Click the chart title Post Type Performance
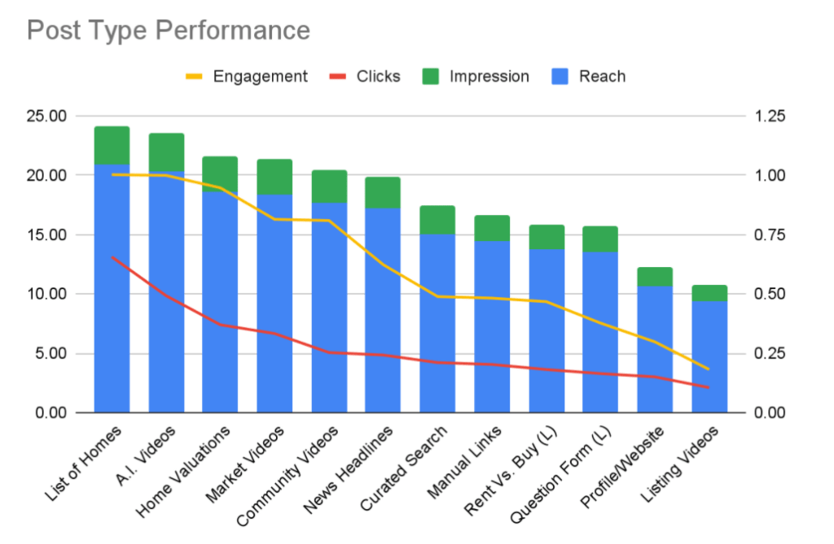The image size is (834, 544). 169,30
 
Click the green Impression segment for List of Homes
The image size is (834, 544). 112,145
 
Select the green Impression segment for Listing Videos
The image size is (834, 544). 709,293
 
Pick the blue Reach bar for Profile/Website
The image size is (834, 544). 655,350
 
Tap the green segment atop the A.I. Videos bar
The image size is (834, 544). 166,152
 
